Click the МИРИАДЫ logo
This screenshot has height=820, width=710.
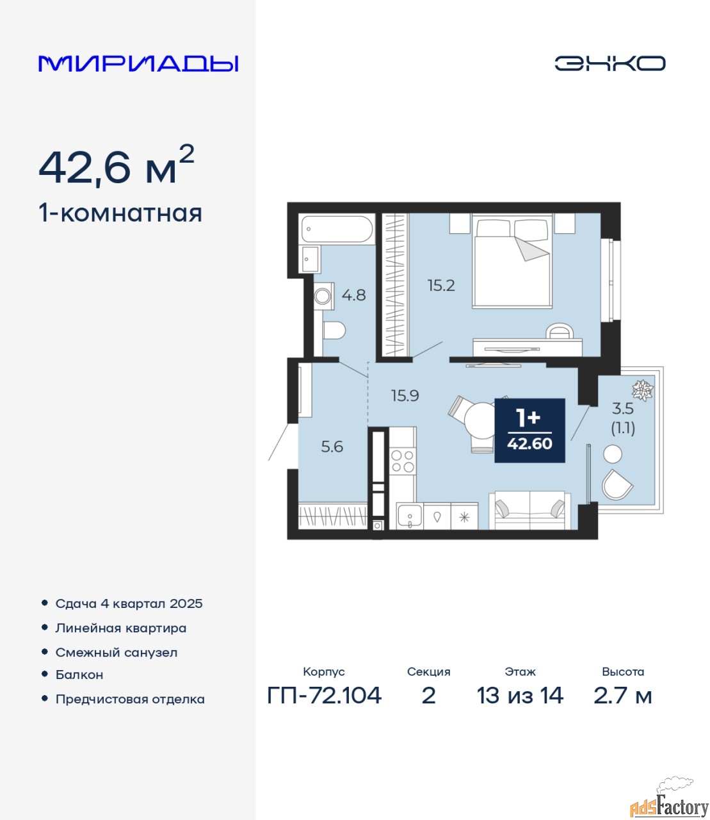[x=138, y=63]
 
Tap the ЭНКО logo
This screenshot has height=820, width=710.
[x=609, y=63]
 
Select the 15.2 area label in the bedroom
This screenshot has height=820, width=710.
[x=441, y=285]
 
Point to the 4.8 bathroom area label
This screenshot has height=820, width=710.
[x=353, y=295]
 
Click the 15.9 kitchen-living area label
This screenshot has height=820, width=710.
[x=405, y=395]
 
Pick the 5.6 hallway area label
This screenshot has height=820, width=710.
[x=332, y=447]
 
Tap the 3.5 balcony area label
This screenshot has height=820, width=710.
[x=623, y=408]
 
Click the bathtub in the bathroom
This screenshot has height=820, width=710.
[x=337, y=229]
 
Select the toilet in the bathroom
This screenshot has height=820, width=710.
[x=334, y=330]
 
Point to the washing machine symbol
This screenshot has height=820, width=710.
[x=323, y=296]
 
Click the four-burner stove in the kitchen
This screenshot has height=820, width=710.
[x=402, y=461]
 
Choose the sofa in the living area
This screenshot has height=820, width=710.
[x=529, y=510]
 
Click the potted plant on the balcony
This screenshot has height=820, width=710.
[x=642, y=389]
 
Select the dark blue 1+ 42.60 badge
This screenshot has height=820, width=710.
[x=529, y=430]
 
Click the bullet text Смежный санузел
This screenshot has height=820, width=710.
[x=116, y=653]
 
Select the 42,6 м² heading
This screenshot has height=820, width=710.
[x=116, y=166]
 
